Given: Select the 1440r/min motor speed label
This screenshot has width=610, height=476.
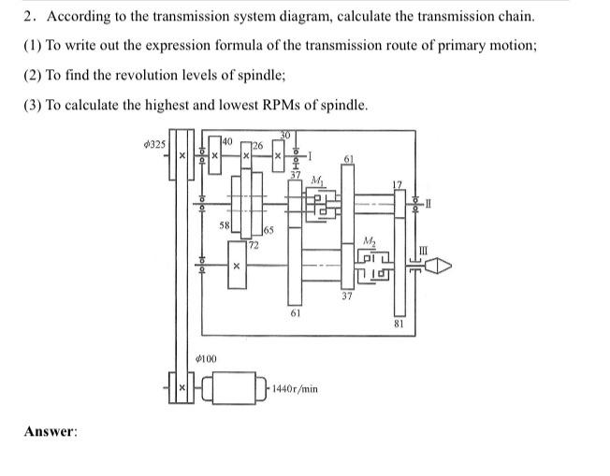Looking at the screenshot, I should pos(296,387).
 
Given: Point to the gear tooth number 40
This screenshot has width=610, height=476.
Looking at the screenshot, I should pos(226,140).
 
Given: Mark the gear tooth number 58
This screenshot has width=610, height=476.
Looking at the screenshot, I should pos(224,225).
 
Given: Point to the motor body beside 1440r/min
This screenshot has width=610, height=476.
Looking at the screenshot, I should pos(234,386).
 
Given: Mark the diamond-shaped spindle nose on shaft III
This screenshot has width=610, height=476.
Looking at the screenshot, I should pos(441,266).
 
